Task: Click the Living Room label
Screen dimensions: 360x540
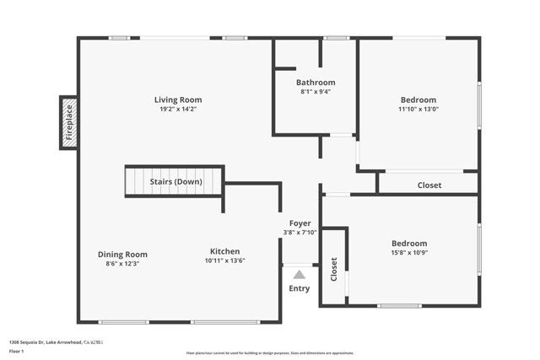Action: (177, 99)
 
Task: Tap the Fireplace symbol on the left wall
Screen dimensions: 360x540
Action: (68, 123)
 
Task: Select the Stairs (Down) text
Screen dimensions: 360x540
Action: (175, 182)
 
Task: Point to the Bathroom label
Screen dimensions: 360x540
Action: (316, 83)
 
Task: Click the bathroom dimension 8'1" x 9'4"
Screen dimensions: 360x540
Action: (316, 93)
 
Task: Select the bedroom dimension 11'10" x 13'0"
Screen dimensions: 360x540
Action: (418, 109)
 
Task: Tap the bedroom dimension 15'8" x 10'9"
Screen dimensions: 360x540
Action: (408, 253)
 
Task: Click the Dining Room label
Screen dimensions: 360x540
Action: (122, 255)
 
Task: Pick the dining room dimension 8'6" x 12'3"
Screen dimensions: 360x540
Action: (122, 265)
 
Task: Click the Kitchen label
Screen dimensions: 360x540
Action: (225, 251)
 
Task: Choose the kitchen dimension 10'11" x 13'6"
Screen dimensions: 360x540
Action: (225, 261)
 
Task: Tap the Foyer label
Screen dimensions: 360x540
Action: (300, 223)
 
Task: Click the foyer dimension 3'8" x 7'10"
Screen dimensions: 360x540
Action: (300, 233)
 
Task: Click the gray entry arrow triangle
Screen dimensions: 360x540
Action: (299, 274)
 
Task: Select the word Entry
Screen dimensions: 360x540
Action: (299, 288)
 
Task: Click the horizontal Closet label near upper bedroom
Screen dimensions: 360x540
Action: (429, 185)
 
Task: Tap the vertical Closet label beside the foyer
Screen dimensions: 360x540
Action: (334, 269)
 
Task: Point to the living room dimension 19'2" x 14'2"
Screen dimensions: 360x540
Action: (177, 109)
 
